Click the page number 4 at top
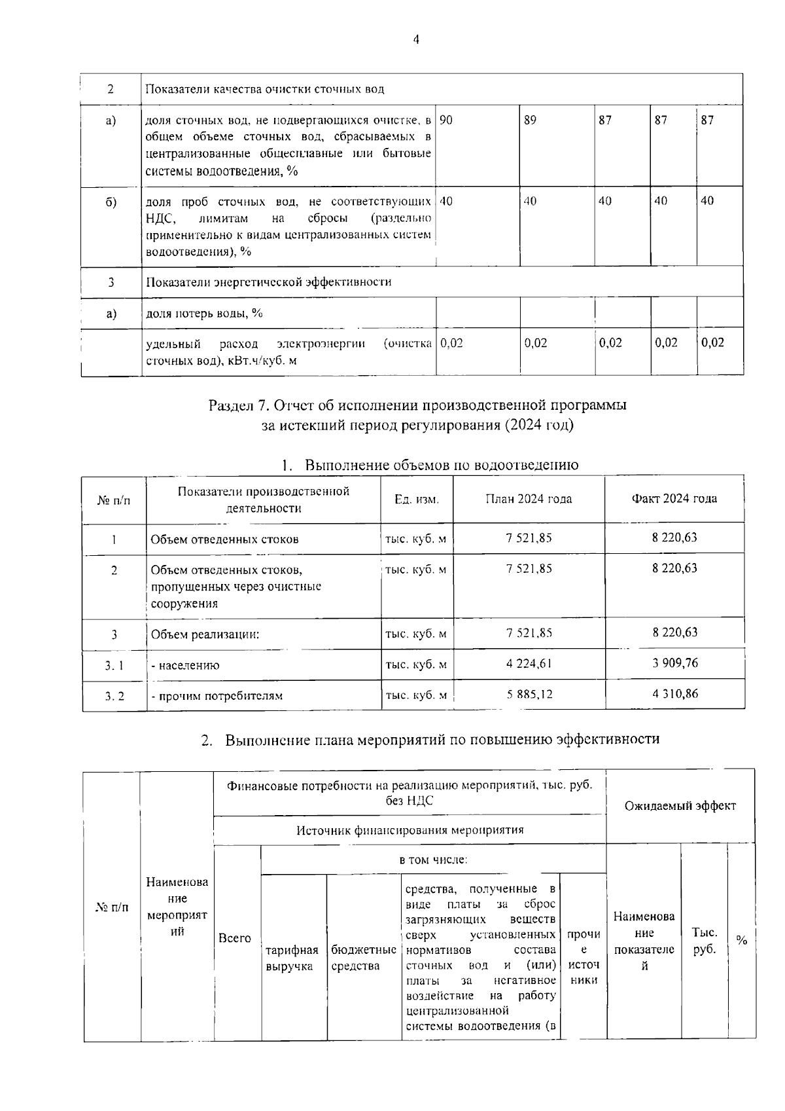[x=416, y=40]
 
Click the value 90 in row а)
[x=446, y=120]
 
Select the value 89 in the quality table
[x=531, y=120]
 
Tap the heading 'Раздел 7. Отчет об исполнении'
[x=417, y=405]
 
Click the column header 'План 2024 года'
[x=529, y=499]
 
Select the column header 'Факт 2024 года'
[x=674, y=499]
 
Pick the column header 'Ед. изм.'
[x=417, y=500]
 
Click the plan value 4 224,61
[x=529, y=663]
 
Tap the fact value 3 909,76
[x=674, y=663]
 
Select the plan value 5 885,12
[x=529, y=694]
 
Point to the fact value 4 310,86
[x=674, y=693]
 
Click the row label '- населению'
[x=185, y=665]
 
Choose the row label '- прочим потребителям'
[x=217, y=696]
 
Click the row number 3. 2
[x=114, y=696]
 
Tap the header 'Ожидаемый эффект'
[x=680, y=806]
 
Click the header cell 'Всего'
[x=235, y=938]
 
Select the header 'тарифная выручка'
[x=292, y=958]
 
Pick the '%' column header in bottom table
[x=741, y=941]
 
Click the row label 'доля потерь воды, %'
[x=203, y=313]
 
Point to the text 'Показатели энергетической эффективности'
[x=268, y=282]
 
